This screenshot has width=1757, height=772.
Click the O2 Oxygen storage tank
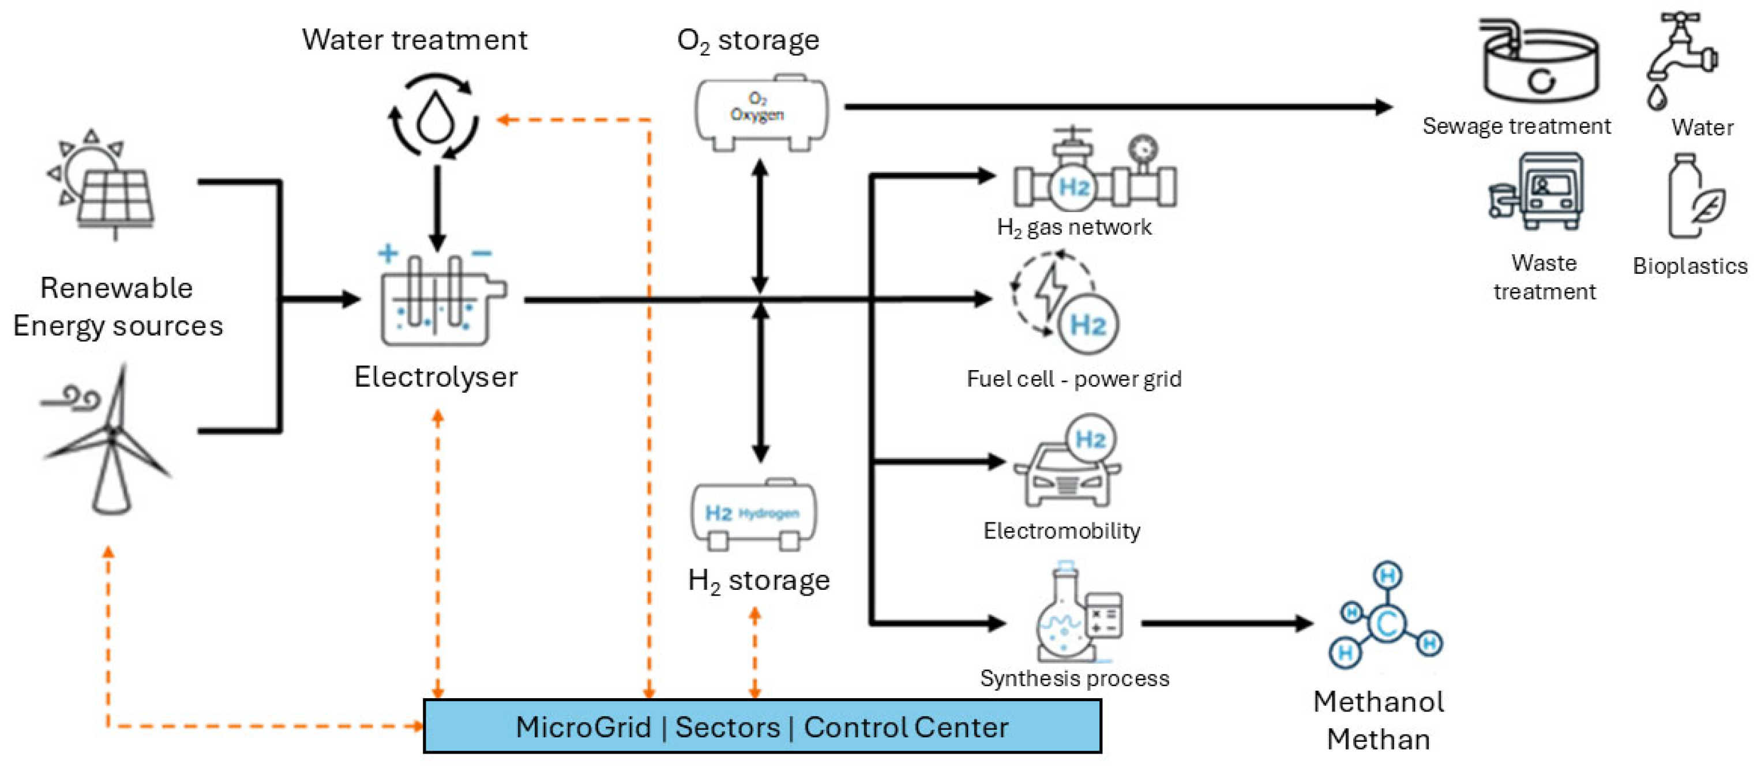click(760, 112)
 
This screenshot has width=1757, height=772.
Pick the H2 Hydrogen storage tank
click(754, 515)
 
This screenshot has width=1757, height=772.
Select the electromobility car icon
click(1068, 470)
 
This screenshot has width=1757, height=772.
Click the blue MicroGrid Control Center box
click(762, 727)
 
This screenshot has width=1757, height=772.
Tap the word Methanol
click(1378, 702)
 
